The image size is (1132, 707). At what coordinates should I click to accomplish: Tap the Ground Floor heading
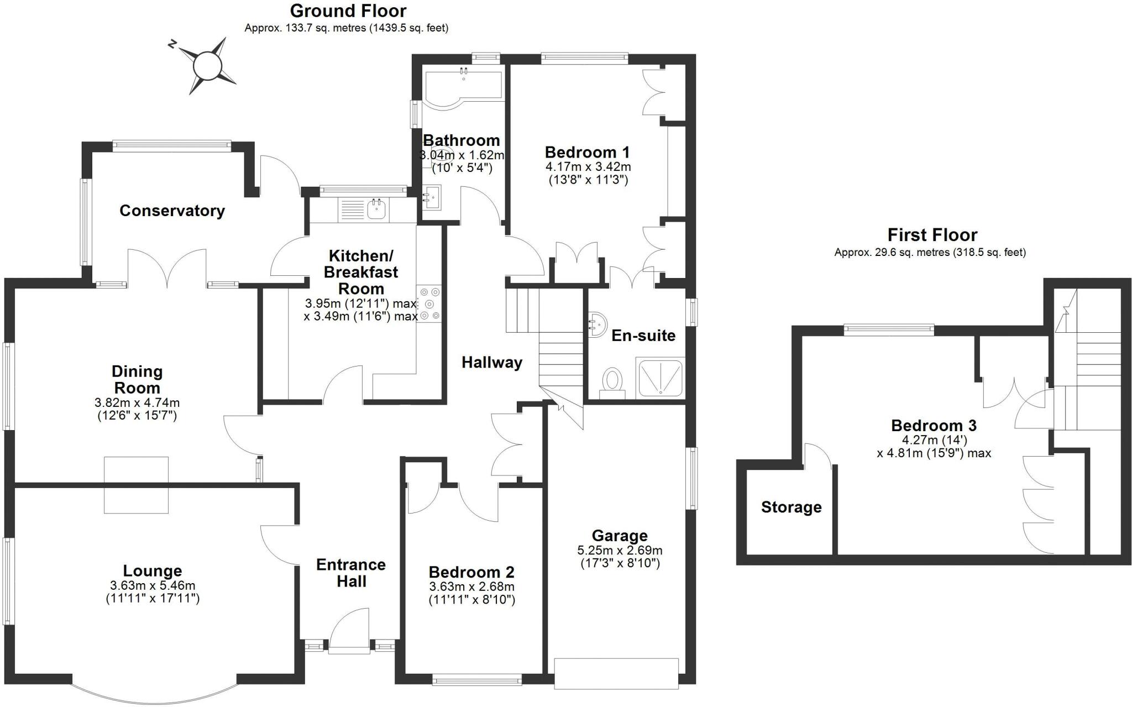click(x=348, y=11)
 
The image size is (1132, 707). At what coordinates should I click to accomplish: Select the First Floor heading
click(x=932, y=235)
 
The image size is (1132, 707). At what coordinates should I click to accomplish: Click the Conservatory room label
click(x=172, y=211)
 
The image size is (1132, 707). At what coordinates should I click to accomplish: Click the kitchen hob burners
click(x=429, y=303)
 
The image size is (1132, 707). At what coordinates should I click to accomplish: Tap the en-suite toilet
click(x=612, y=384)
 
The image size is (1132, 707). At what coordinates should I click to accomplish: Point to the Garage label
click(x=620, y=535)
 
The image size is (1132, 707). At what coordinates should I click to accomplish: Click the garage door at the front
click(x=616, y=673)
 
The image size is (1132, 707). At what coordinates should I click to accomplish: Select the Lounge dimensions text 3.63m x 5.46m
click(x=153, y=585)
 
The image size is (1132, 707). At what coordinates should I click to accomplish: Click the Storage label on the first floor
click(x=791, y=507)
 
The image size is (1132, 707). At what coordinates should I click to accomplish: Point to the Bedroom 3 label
click(x=934, y=426)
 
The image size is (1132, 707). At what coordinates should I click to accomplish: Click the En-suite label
click(x=643, y=336)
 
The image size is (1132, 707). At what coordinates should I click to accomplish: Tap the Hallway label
click(x=492, y=363)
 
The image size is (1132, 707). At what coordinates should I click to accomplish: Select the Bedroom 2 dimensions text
click(x=472, y=593)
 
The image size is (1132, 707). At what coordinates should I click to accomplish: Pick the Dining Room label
click(x=137, y=379)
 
